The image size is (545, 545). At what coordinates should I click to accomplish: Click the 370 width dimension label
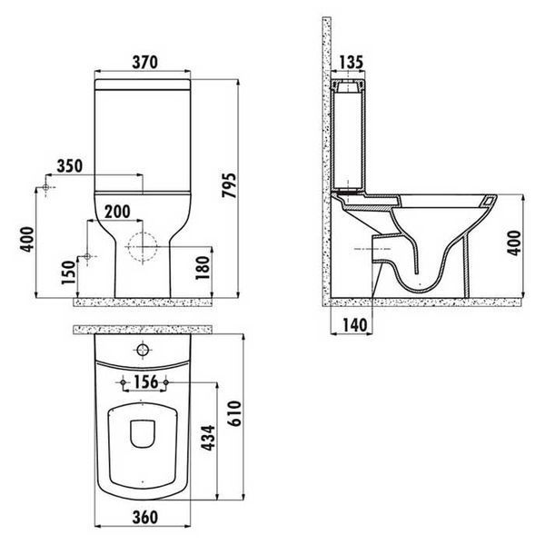[145, 62]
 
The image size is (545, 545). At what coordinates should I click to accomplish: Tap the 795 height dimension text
[229, 185]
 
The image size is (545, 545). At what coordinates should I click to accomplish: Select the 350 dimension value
[70, 166]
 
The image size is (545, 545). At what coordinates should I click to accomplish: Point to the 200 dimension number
[117, 212]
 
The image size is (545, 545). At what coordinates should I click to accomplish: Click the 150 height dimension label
[68, 272]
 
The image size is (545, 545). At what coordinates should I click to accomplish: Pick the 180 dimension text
[203, 268]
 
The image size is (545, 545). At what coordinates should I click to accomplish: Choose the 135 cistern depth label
[351, 62]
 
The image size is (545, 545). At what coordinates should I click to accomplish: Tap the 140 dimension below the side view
[354, 326]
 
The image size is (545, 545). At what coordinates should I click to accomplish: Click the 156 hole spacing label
[145, 382]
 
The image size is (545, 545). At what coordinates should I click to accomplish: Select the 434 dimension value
[209, 438]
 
